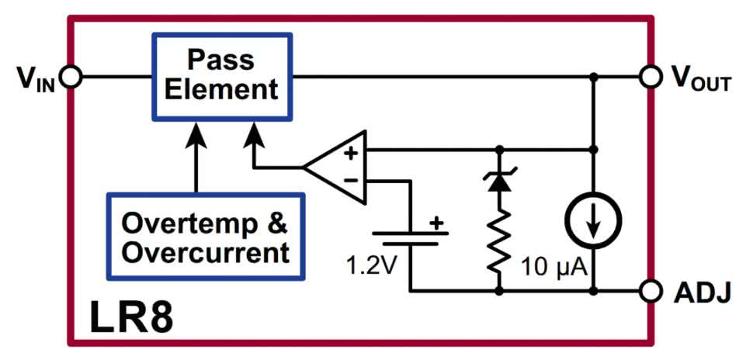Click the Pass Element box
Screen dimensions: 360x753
coord(221,76)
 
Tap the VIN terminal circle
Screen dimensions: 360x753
coord(71,77)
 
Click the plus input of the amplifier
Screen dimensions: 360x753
coord(350,153)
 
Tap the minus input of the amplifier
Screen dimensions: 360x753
coord(350,181)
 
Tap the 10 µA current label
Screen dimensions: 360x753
coord(557,268)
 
